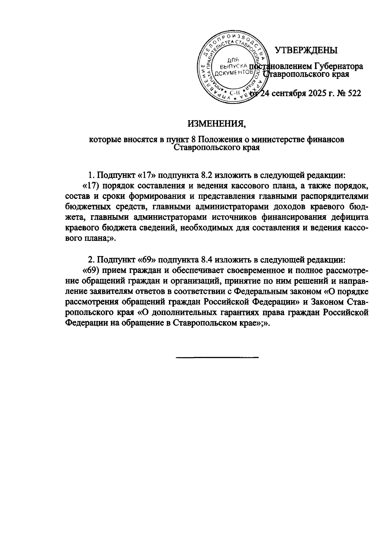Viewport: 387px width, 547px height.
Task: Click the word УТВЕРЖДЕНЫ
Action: [x=306, y=50]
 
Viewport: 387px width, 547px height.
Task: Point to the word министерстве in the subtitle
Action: [x=269, y=140]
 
